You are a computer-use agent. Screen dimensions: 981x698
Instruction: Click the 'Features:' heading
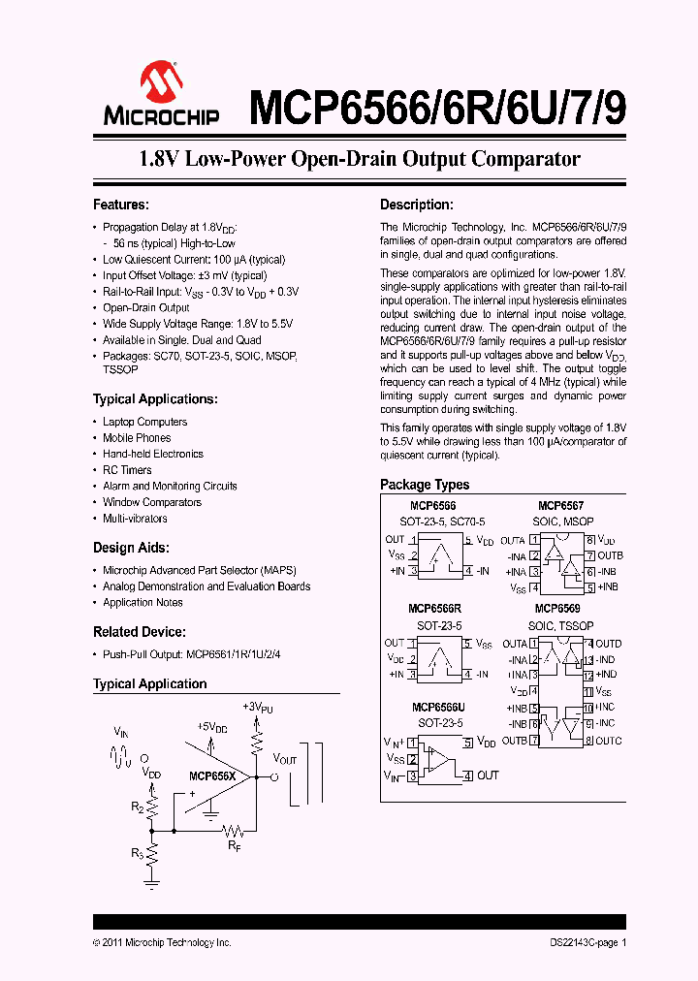120,205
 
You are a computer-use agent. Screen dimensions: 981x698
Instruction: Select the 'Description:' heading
416,205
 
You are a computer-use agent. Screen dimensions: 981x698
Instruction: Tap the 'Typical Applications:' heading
155,399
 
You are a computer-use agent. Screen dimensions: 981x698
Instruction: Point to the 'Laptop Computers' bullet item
145,422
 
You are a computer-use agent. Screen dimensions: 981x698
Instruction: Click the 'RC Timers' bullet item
127,470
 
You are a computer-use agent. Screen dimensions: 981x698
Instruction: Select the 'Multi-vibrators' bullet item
135,519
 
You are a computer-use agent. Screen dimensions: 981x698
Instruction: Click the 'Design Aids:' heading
131,548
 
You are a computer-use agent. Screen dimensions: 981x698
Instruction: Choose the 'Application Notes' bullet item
143,603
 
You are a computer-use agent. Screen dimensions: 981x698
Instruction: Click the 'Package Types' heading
425,485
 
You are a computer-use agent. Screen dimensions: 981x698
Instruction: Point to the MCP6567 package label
561,506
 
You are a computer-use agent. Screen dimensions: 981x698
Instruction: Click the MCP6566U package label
439,708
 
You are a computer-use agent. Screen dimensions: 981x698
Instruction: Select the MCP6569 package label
561,609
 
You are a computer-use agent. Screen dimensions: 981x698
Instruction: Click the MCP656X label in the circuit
212,776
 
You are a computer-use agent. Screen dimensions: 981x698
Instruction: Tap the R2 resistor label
138,807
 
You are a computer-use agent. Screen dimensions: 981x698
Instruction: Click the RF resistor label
235,846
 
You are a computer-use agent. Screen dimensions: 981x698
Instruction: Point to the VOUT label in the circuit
285,760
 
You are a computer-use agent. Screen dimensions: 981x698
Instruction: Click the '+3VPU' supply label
258,708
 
